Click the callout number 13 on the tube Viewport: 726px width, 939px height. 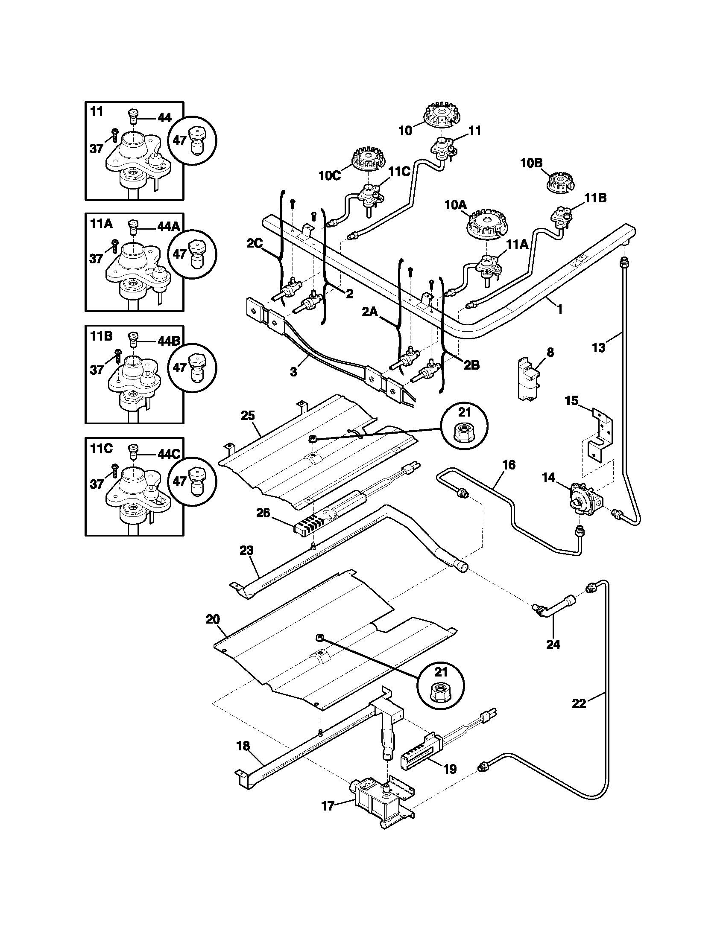point(598,347)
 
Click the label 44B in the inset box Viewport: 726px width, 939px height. point(169,341)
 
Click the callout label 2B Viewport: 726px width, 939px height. point(471,365)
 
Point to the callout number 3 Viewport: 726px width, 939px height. point(293,372)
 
